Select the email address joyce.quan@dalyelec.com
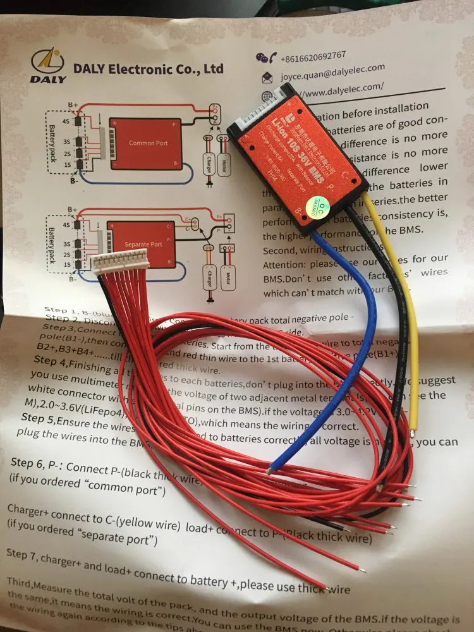pyautogui.click(x=331, y=70)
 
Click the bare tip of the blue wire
pyautogui.click(x=271, y=470)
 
